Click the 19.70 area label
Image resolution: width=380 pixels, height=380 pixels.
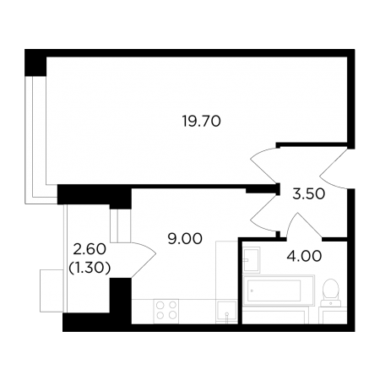pyautogui.click(x=201, y=122)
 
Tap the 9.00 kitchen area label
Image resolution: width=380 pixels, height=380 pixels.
pyautogui.click(x=185, y=239)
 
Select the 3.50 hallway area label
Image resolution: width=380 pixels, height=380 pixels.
pyautogui.click(x=309, y=194)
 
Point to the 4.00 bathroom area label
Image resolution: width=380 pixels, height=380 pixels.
pyautogui.click(x=304, y=257)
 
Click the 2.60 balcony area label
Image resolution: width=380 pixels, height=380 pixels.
pyautogui.click(x=90, y=249)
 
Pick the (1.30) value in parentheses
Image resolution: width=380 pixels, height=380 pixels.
pyautogui.click(x=90, y=269)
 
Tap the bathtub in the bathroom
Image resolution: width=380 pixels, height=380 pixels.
pyautogui.click(x=278, y=290)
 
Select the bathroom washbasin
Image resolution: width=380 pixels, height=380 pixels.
pyautogui.click(x=252, y=260)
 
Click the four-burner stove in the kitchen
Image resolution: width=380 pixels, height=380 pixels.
pyautogui.click(x=166, y=311)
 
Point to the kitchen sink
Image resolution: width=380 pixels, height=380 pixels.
pyautogui.click(x=226, y=312)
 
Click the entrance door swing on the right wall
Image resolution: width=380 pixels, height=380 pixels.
pyautogui.click(x=334, y=169)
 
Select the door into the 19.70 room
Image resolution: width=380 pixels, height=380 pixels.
pyautogui.click(x=263, y=166)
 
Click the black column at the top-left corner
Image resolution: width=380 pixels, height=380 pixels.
pyautogui.click(x=35, y=62)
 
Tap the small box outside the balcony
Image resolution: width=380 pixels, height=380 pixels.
pyautogui.click(x=52, y=290)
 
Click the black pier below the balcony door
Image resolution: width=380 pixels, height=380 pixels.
pyautogui.click(x=121, y=296)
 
